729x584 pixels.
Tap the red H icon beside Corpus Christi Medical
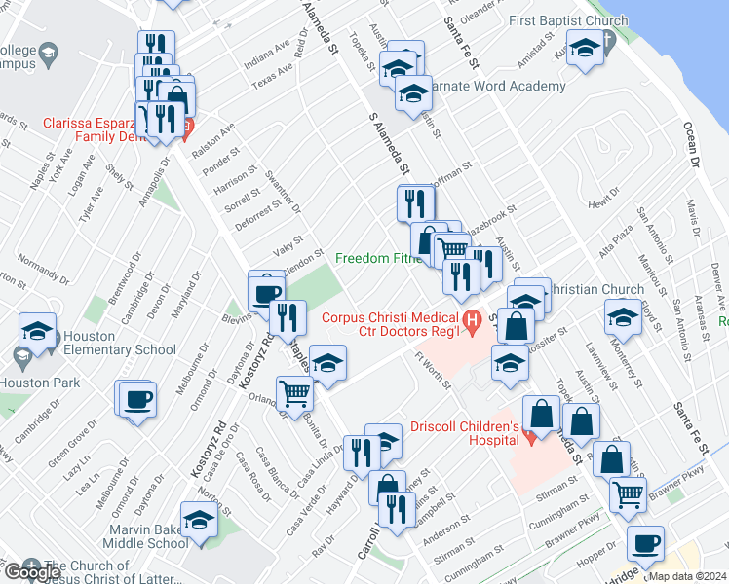[x=473, y=318]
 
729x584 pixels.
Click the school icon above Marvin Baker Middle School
[x=200, y=519]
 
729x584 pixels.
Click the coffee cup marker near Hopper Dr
[x=644, y=542]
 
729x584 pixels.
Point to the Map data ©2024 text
[x=687, y=576]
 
